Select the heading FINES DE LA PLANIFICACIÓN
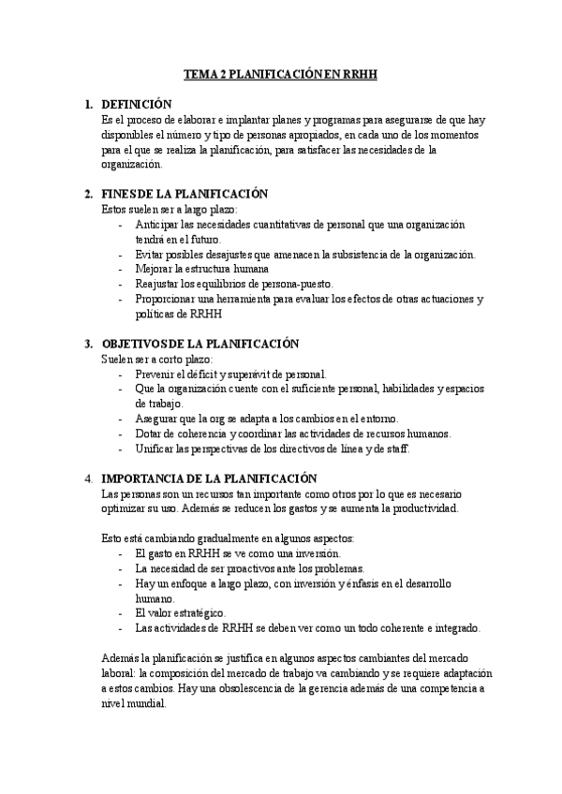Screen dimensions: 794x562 point(185,194)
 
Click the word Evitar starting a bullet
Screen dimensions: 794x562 point(151,255)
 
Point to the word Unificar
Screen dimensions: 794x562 point(155,448)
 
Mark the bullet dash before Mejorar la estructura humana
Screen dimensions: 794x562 point(121,270)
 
